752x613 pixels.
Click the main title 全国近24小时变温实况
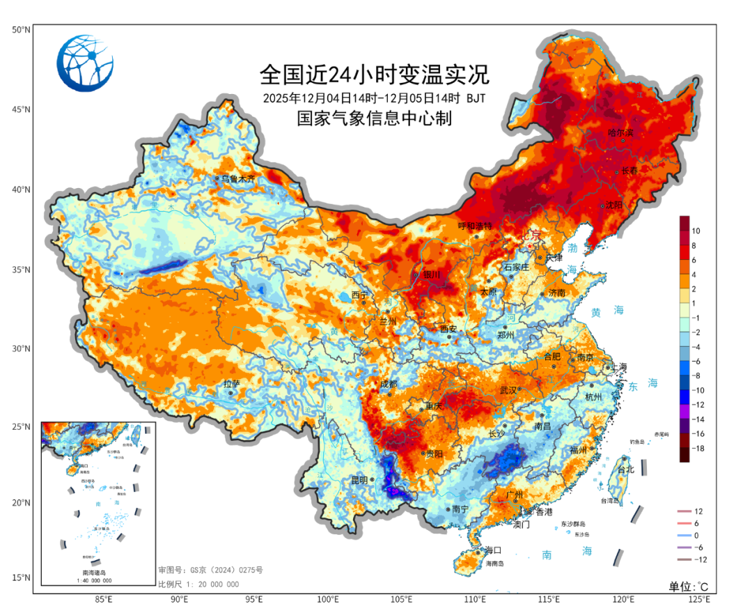[375, 73]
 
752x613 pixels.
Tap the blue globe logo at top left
[85, 63]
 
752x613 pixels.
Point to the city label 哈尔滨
[620, 132]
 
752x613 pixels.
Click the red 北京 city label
[531, 236]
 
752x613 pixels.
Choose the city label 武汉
[509, 390]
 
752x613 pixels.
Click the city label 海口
[493, 550]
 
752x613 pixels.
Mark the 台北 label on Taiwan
[626, 470]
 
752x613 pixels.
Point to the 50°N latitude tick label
[20, 30]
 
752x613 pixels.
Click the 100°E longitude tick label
[328, 599]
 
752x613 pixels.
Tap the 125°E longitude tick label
[698, 599]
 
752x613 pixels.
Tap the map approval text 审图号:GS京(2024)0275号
[210, 571]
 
